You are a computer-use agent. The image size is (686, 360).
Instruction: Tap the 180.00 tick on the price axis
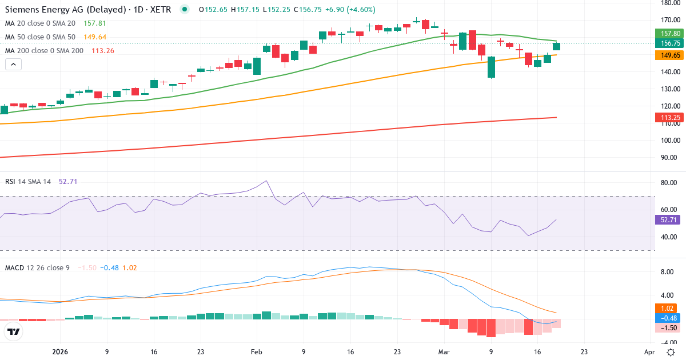pos(669,3)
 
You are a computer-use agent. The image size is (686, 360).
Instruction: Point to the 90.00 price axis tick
pos(669,158)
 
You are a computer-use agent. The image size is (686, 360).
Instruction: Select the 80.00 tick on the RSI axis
pos(669,183)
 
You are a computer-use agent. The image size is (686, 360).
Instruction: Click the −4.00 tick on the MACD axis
pos(669,342)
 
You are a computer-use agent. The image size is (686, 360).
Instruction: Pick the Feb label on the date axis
pos(256,352)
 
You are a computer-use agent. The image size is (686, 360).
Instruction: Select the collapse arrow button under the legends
pos(13,65)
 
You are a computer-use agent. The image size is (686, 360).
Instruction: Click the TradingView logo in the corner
pos(14,331)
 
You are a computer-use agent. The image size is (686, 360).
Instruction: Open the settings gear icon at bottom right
pos(670,352)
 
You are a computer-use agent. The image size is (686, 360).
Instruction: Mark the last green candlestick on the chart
pos(556,47)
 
